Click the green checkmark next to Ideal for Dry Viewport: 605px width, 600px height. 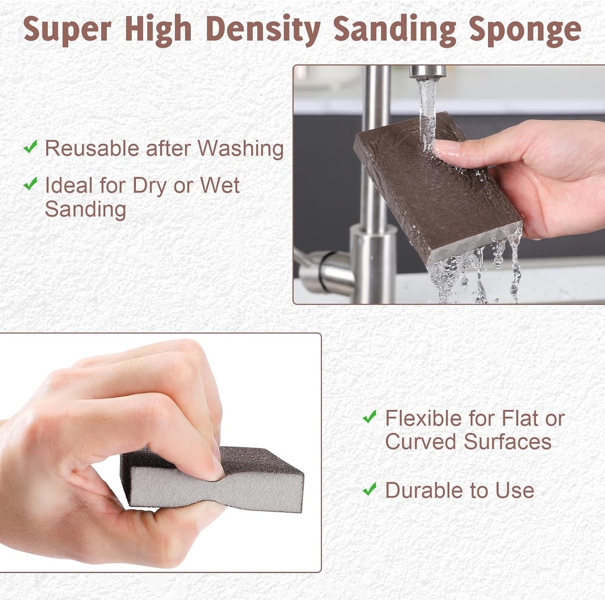click(x=30, y=184)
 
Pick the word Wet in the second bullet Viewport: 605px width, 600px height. click(x=220, y=185)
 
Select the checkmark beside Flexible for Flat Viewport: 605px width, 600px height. click(x=370, y=417)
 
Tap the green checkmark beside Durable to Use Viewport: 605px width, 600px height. click(x=370, y=488)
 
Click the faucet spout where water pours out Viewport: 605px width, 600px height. click(x=427, y=72)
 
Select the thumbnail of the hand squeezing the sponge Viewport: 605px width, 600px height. click(x=160, y=453)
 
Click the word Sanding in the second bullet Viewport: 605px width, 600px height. click(x=85, y=209)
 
